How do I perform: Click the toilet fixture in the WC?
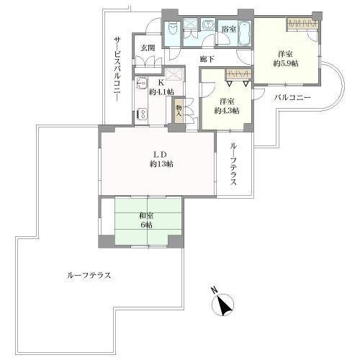tap(173, 30)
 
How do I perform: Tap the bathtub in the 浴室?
tap(245, 33)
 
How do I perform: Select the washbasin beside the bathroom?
tap(208, 25)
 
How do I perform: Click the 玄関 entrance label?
tap(148, 48)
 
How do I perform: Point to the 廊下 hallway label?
tap(207, 58)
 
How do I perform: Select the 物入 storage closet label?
tap(179, 111)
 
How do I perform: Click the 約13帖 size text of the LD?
tap(161, 164)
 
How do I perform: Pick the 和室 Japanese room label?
tap(146, 216)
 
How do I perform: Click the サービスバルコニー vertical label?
tap(117, 69)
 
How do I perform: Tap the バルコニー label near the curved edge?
tap(293, 98)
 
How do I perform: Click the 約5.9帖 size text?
tap(286, 63)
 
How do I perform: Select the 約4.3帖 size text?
tap(227, 111)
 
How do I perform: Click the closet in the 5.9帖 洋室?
tap(303, 24)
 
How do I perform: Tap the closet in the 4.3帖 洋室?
tap(238, 74)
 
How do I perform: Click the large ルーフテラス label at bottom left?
tap(89, 275)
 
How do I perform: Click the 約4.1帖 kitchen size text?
tap(161, 91)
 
